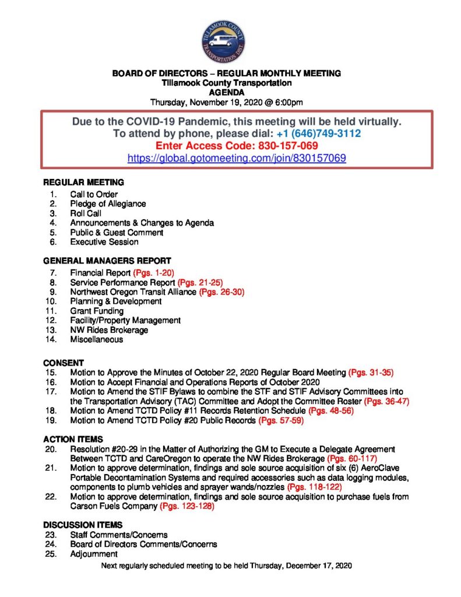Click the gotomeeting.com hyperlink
(237, 158)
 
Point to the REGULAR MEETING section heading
(83, 182)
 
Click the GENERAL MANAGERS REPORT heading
(107, 261)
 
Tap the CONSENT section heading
(64, 362)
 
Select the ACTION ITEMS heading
(73, 438)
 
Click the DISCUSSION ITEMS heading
(83, 525)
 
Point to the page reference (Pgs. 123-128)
(187, 507)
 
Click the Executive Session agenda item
(104, 241)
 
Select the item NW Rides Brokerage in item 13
(109, 330)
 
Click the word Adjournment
(94, 553)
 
